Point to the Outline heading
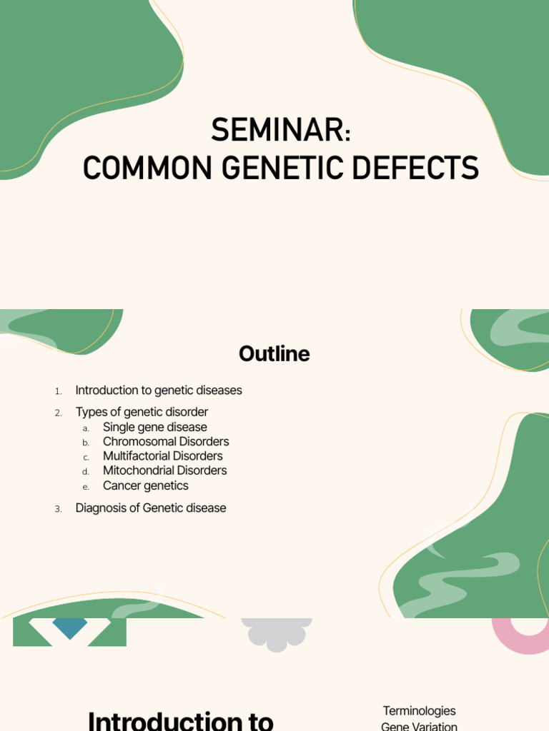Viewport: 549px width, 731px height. click(x=274, y=354)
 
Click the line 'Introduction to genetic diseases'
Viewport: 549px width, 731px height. click(x=159, y=390)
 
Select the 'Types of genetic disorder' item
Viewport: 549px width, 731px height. click(x=142, y=412)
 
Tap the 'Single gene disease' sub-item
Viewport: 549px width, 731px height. click(x=154, y=427)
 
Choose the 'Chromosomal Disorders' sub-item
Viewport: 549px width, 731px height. click(x=166, y=441)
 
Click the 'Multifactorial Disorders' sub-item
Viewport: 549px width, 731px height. click(x=162, y=456)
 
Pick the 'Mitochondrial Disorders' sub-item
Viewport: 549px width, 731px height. click(x=164, y=470)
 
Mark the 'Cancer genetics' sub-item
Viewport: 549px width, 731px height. click(x=146, y=485)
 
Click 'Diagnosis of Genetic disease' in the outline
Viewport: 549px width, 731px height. click(x=151, y=508)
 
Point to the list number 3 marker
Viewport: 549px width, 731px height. click(x=58, y=509)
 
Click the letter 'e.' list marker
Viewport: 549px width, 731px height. click(x=86, y=487)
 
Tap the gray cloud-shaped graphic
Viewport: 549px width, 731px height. click(x=276, y=632)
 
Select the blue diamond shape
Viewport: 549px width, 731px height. click(x=69, y=627)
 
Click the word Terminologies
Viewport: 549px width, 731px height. click(x=419, y=711)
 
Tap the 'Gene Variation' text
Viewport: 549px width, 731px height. click(x=419, y=726)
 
